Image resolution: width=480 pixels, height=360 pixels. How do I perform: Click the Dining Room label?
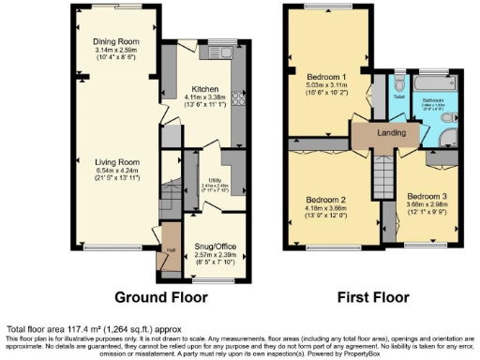[115, 42]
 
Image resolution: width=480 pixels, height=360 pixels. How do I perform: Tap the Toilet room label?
[397, 96]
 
